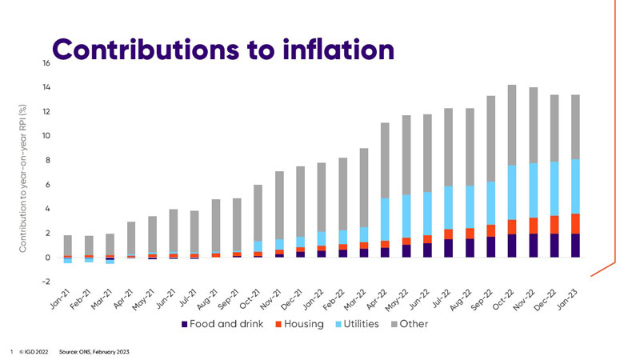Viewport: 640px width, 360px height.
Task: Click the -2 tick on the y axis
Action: click(45, 282)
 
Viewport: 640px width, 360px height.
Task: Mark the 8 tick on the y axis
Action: click(46, 160)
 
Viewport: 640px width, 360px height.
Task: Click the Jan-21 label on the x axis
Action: click(61, 299)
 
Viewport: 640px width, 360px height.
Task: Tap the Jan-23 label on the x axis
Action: click(587, 299)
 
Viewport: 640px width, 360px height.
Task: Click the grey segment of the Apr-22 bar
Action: click(384, 160)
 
